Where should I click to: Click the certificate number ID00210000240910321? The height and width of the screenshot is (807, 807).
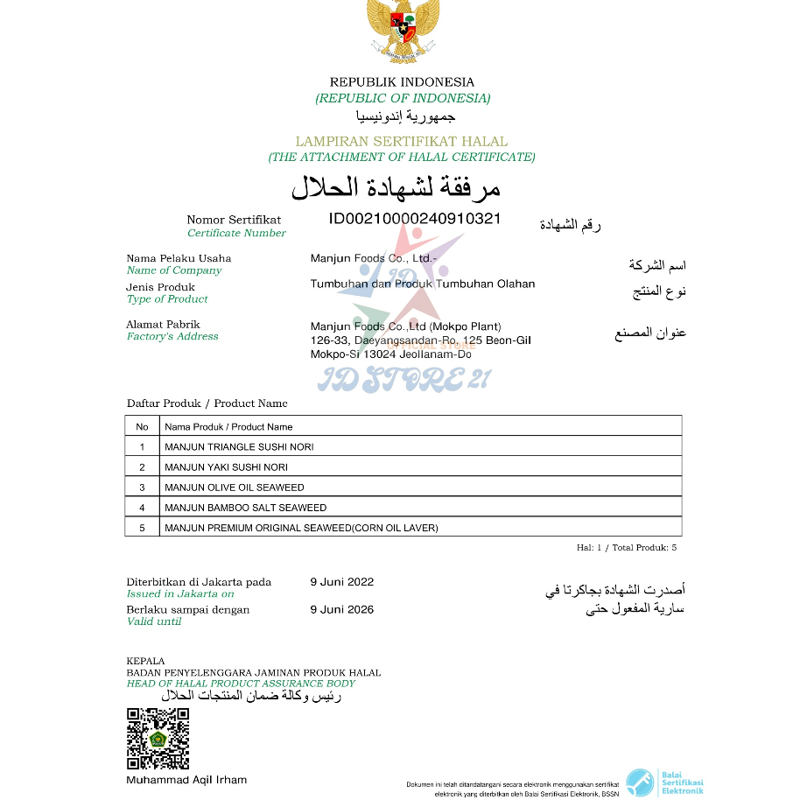[x=415, y=219]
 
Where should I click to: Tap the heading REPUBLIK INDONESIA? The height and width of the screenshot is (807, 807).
[x=402, y=82]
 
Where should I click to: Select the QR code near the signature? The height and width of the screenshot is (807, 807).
[x=158, y=739]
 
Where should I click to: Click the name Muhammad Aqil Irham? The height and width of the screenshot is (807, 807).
[x=186, y=780]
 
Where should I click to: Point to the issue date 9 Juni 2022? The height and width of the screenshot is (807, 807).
[x=342, y=582]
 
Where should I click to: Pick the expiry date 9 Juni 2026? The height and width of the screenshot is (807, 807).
[x=342, y=610]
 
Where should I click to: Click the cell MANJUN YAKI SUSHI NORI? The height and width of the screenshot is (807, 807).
[x=226, y=467]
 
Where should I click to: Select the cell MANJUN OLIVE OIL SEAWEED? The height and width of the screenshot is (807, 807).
[x=235, y=488]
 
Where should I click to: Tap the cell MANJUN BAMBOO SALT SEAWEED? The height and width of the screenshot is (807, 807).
[x=245, y=508]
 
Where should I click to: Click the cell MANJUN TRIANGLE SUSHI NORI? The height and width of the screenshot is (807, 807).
[x=239, y=447]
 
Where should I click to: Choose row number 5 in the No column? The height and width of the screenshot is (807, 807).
[x=142, y=528]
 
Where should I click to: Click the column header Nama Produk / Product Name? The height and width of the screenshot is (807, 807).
[x=228, y=427]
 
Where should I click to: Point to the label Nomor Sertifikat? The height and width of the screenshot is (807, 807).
[x=234, y=220]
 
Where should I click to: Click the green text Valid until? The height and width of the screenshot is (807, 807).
[x=154, y=621]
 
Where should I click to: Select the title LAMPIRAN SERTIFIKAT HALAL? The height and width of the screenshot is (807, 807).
[x=402, y=141]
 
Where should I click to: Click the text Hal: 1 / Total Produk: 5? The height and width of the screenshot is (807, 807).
[x=626, y=548]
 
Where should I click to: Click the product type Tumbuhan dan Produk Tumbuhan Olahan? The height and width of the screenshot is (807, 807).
[x=423, y=284]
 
